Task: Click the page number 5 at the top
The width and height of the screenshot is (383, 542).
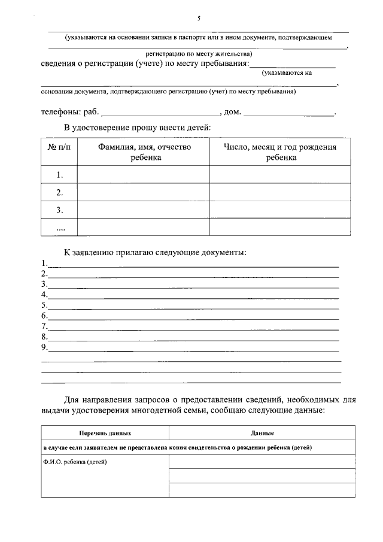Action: (198, 19)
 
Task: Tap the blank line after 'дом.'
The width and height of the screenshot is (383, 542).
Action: (289, 113)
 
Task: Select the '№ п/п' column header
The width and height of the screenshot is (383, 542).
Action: (59, 147)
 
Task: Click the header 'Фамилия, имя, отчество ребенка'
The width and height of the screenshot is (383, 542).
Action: (144, 152)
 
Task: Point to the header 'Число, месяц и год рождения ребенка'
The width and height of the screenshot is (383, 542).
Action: (280, 152)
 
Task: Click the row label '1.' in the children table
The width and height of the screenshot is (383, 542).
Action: (59, 175)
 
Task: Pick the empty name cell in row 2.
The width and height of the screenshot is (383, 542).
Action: (144, 192)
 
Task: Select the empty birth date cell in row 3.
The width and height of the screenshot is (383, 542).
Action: (280, 210)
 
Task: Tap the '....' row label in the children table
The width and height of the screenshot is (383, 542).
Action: (59, 228)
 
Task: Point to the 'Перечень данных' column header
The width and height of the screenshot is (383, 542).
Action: (105, 432)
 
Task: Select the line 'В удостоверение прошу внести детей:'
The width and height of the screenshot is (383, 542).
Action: (138, 127)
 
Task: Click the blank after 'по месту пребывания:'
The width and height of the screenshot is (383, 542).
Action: (292, 65)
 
